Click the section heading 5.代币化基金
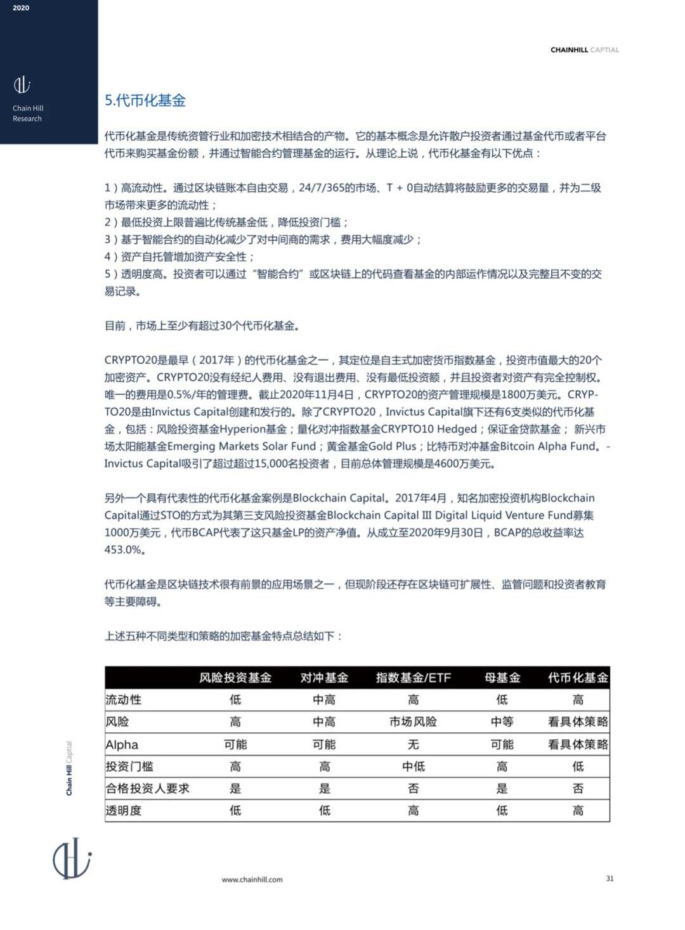(x=145, y=101)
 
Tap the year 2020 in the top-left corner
(x=21, y=8)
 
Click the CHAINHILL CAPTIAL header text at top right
(x=584, y=50)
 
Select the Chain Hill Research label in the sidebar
(x=28, y=113)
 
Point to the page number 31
(x=610, y=879)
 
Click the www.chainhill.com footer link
(x=252, y=879)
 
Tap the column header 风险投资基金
(x=235, y=678)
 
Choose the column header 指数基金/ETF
(x=413, y=678)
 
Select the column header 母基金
(x=502, y=678)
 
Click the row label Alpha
(x=122, y=744)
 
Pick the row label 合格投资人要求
(x=148, y=789)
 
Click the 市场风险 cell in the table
(x=413, y=722)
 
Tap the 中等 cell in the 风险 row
(x=502, y=722)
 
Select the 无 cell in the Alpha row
(x=413, y=744)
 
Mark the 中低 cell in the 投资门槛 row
(x=413, y=766)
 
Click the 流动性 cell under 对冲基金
(x=324, y=700)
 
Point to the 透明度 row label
(x=124, y=811)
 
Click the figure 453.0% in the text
(x=124, y=550)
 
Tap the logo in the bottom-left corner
(x=72, y=858)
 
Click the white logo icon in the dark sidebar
(x=22, y=85)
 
